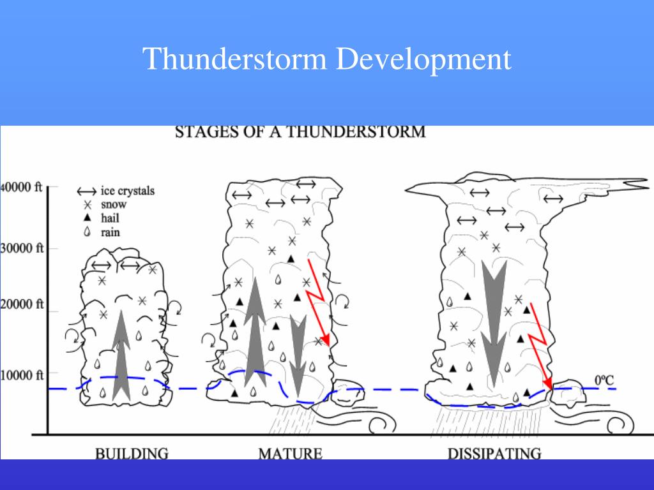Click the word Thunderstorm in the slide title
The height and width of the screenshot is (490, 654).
(x=236, y=59)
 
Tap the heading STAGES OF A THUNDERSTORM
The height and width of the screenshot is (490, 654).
(x=300, y=132)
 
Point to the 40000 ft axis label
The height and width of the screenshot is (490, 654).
(x=22, y=188)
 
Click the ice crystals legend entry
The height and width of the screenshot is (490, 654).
(x=127, y=191)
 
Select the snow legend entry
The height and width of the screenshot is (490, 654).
(x=113, y=205)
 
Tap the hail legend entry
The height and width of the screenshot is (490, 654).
(x=110, y=218)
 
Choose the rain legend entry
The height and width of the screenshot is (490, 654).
(x=109, y=232)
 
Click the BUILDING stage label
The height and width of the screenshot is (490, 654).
(x=132, y=454)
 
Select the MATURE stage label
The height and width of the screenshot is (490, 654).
(x=290, y=454)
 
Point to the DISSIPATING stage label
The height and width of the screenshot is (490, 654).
(x=494, y=454)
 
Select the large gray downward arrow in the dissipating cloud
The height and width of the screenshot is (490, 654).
(x=494, y=319)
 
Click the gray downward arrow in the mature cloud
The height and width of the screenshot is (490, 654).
(x=298, y=357)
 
